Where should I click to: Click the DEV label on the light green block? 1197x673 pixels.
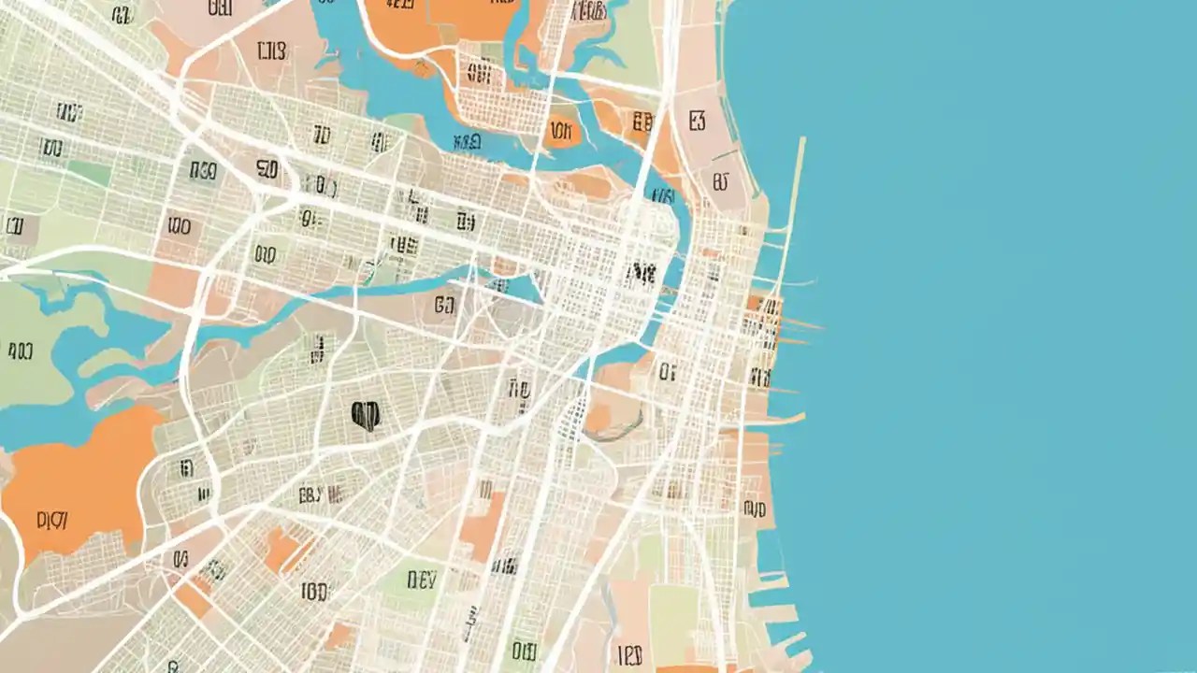click(422, 580)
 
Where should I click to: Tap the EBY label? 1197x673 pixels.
click(310, 494)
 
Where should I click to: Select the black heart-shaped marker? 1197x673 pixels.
click(365, 415)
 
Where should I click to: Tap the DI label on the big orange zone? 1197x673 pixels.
click(51, 521)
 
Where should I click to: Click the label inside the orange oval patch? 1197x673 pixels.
click(561, 131)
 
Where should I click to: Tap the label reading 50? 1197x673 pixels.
click(267, 169)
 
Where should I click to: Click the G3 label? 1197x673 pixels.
click(444, 305)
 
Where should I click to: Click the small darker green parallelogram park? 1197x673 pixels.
click(89, 173)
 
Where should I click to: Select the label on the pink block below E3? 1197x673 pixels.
click(720, 180)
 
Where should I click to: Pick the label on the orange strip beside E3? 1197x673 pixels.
click(642, 122)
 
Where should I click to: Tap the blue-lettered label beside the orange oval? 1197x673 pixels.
click(466, 142)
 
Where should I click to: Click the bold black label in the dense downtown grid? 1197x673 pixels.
click(640, 273)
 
